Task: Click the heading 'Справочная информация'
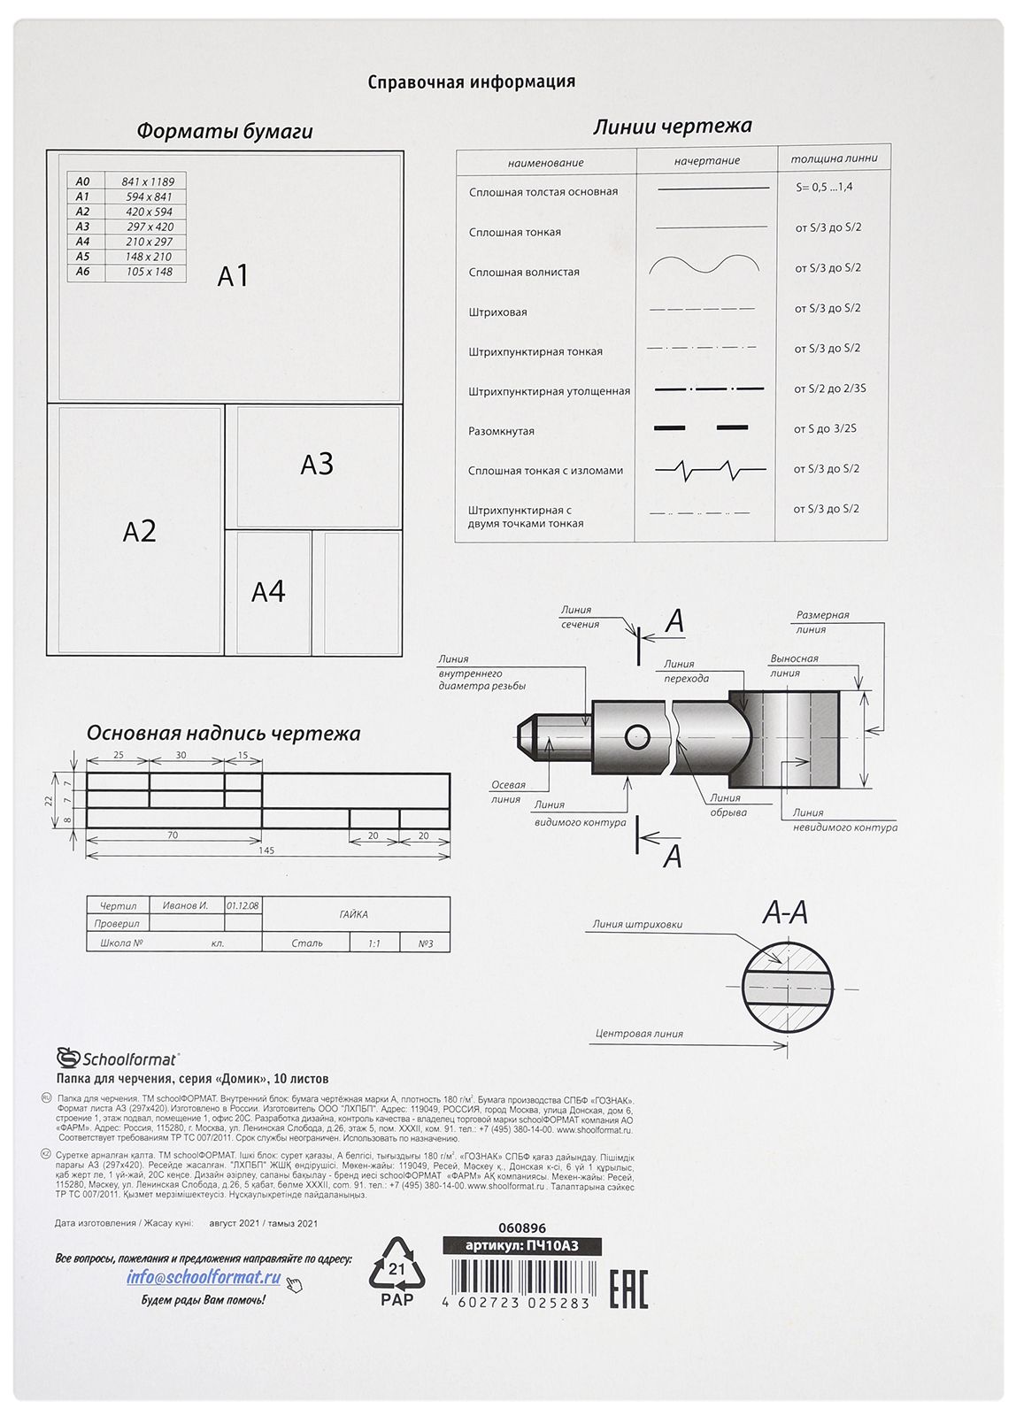pyautogui.click(x=471, y=82)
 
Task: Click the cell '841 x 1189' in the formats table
pyautogui.click(x=149, y=181)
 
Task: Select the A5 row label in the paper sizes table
pyautogui.click(x=82, y=257)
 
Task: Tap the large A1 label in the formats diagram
pyautogui.click(x=233, y=276)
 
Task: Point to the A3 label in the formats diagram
pyautogui.click(x=316, y=464)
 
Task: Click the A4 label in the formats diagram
pyautogui.click(x=268, y=591)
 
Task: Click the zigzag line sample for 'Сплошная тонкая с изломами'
pyautogui.click(x=708, y=469)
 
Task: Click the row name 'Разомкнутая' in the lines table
pyautogui.click(x=501, y=431)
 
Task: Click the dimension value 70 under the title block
pyautogui.click(x=173, y=835)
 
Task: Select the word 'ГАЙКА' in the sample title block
pyautogui.click(x=353, y=914)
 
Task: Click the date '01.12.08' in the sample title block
pyautogui.click(x=242, y=905)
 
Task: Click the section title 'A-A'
pyautogui.click(x=786, y=912)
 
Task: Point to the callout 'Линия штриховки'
pyautogui.click(x=637, y=925)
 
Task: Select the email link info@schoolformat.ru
pyautogui.click(x=204, y=1277)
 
